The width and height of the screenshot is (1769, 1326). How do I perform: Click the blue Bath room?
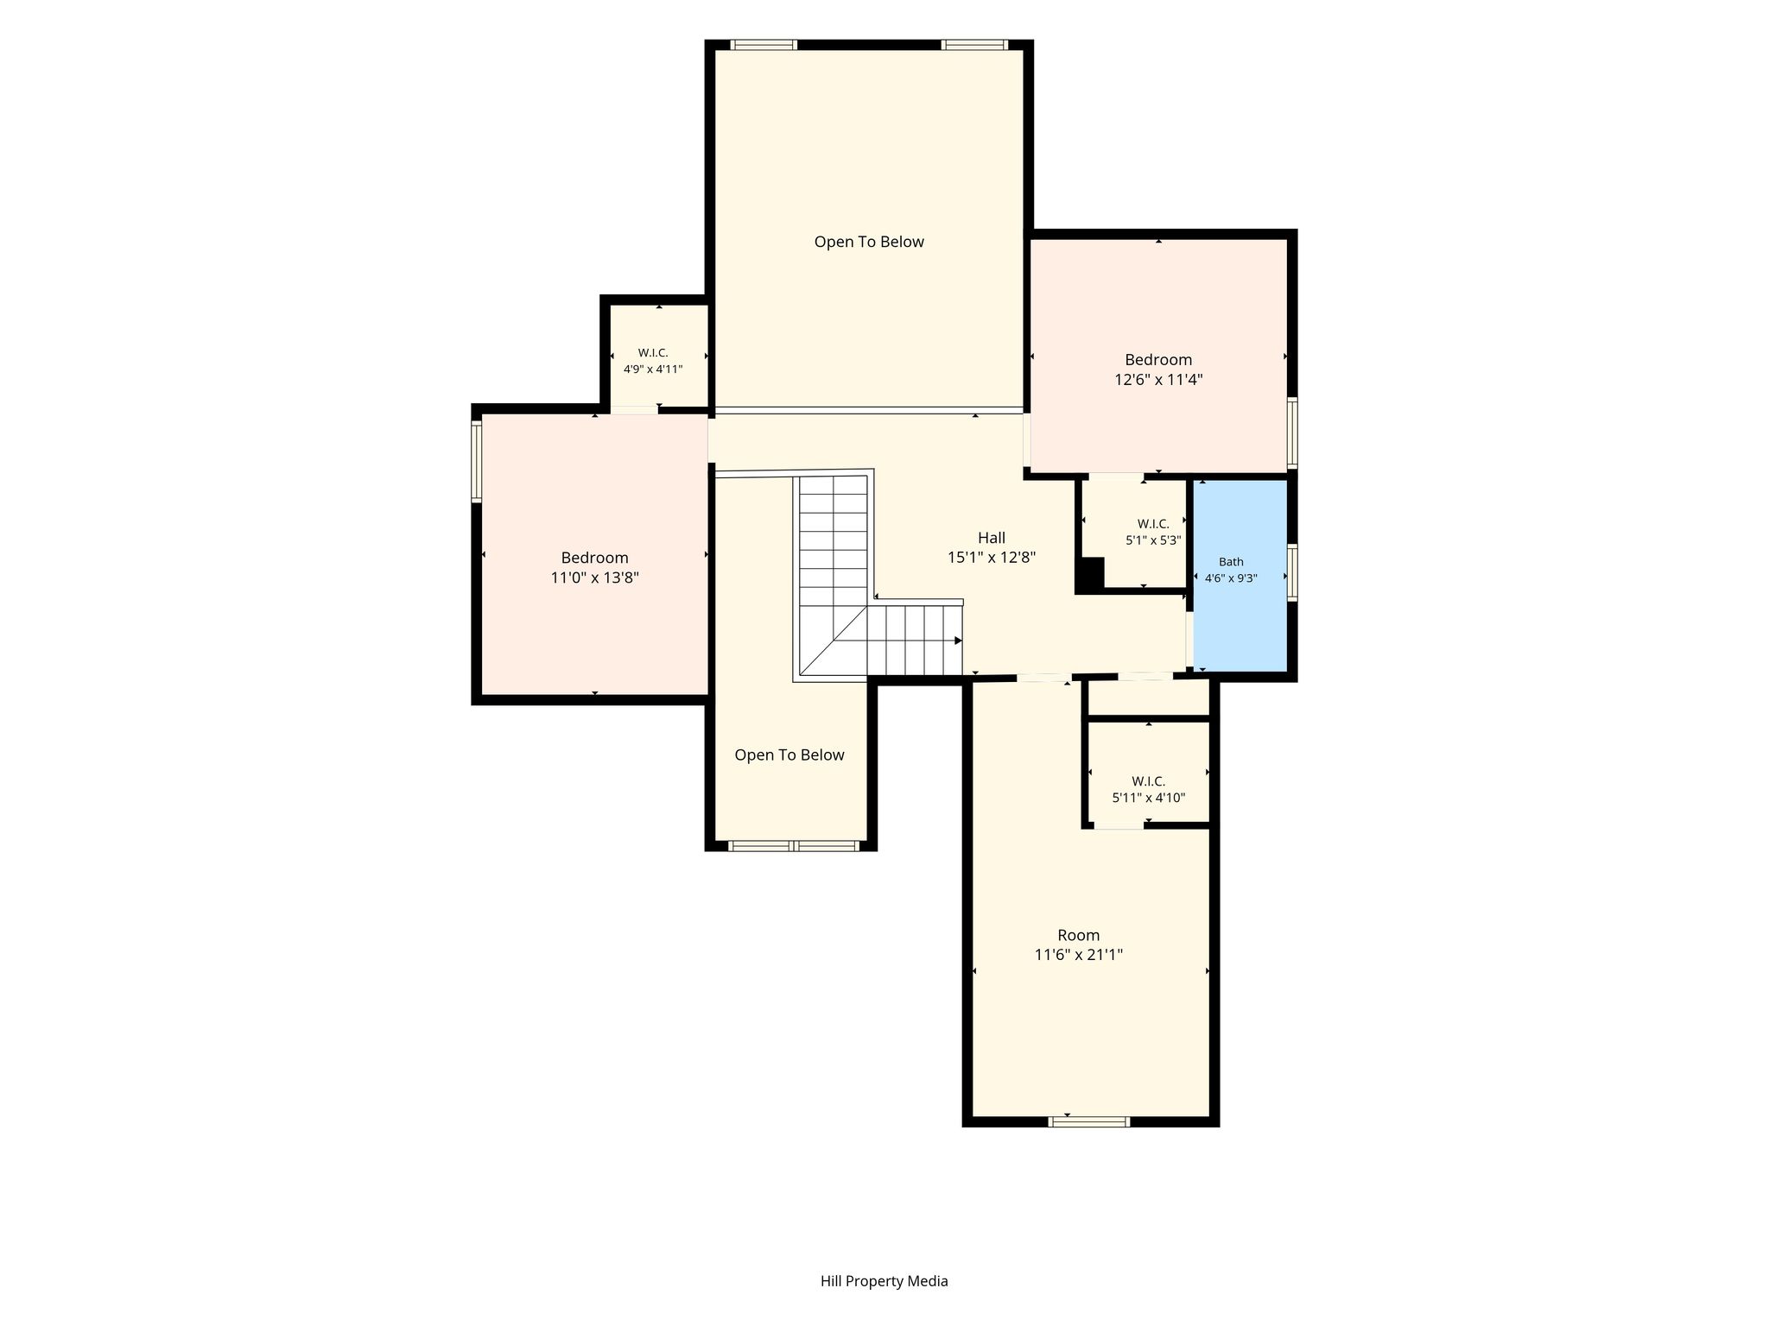[1240, 575]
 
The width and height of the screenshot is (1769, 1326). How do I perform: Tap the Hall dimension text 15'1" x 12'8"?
[992, 558]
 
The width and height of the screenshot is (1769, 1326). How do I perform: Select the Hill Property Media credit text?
[884, 1281]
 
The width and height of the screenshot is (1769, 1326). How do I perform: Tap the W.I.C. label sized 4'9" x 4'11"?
[653, 361]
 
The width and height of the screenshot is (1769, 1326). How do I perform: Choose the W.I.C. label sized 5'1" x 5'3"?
[1153, 532]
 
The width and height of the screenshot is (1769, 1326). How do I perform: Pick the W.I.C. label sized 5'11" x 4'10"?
[1148, 789]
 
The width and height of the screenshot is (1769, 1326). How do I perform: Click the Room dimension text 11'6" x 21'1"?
[1079, 955]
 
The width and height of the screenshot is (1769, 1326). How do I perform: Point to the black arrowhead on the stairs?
[958, 641]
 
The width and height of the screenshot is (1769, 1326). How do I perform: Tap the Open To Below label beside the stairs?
[789, 755]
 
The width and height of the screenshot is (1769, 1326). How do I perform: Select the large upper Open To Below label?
[869, 243]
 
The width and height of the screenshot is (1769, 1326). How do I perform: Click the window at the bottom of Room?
[1089, 1121]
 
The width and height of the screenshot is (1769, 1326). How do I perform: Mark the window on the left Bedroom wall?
[476, 461]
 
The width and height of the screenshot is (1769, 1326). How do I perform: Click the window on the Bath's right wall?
[1292, 571]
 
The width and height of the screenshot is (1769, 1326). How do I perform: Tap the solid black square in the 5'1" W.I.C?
[1090, 574]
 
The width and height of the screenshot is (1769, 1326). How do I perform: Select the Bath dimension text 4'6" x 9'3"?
[1231, 578]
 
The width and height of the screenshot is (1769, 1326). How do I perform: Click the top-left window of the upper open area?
[764, 45]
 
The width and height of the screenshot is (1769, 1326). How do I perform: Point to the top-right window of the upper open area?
[974, 45]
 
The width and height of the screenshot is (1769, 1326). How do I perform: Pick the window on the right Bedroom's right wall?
[1292, 433]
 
